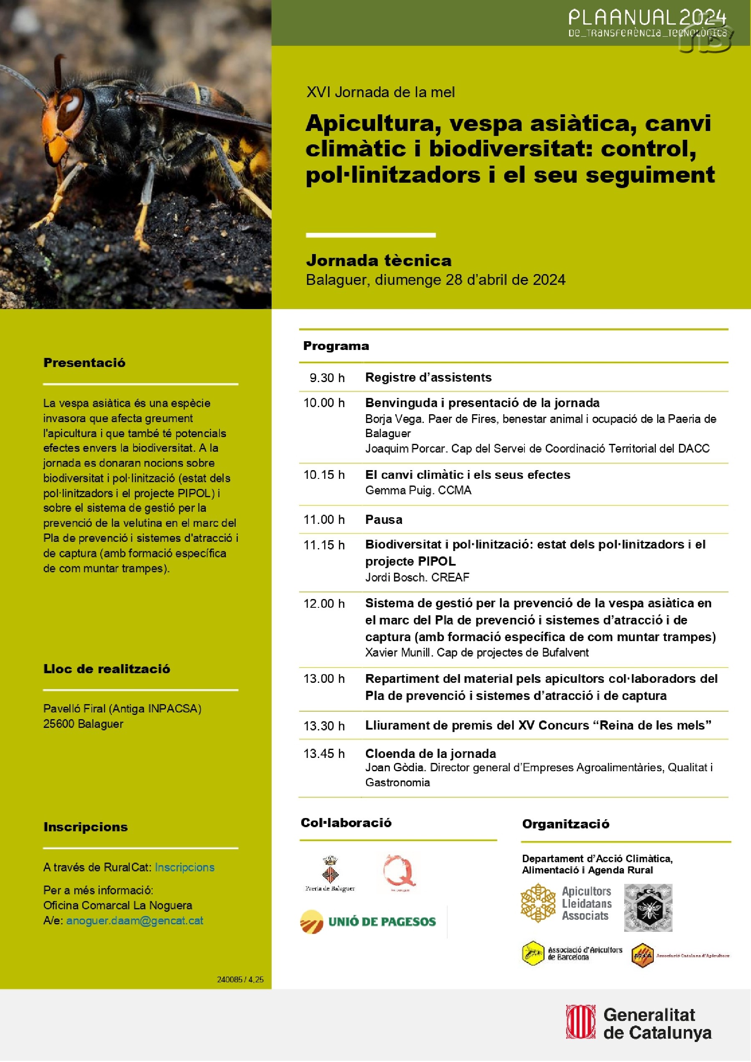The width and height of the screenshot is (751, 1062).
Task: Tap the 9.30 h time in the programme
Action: point(327,378)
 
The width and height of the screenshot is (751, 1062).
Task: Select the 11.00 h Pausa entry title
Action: point(383,519)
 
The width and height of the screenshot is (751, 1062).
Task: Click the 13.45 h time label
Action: point(324,753)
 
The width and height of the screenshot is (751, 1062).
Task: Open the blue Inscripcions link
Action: point(185,867)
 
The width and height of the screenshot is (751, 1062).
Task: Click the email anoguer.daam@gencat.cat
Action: point(135,921)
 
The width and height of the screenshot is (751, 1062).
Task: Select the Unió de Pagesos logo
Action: point(368,921)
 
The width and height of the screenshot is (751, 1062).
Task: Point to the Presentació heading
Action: point(84,362)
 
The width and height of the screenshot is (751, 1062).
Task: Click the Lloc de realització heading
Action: point(106,669)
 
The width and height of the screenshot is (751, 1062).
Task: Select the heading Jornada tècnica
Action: point(378,260)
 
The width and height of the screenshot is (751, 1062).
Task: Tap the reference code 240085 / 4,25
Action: point(240,979)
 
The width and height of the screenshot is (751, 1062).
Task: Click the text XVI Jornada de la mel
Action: point(381,92)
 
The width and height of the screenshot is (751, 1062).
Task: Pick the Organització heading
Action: point(565,824)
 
